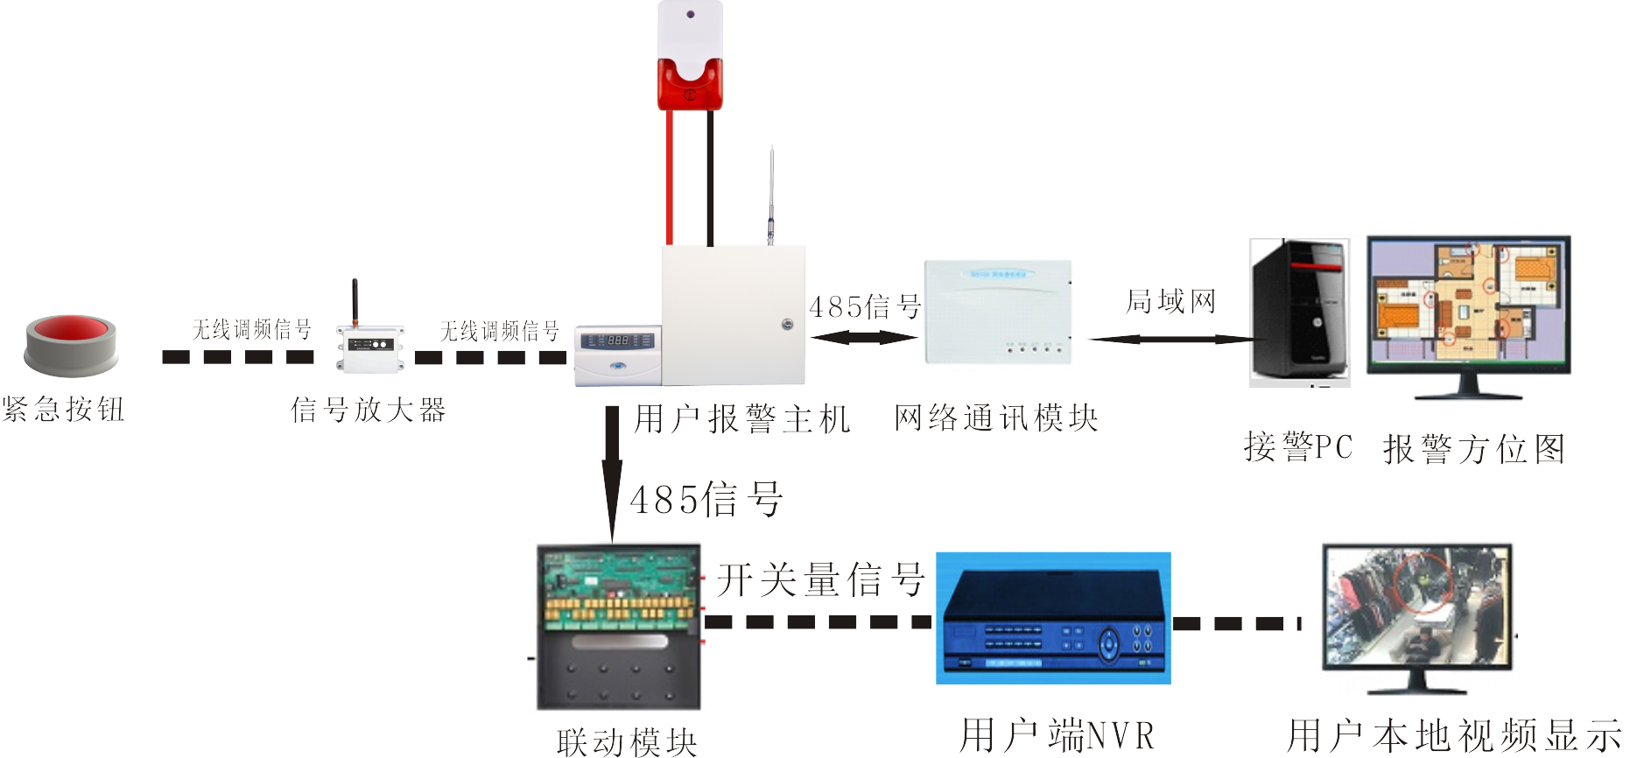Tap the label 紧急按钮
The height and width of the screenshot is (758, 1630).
coord(63,409)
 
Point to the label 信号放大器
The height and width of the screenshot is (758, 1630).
coord(368,410)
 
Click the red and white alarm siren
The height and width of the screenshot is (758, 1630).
coord(690,57)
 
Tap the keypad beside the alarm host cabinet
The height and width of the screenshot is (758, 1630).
coord(617,354)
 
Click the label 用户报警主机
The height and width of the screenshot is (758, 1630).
coord(741,419)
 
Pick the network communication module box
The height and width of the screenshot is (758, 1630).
coord(998,312)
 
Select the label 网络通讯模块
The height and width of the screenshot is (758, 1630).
coord(995,418)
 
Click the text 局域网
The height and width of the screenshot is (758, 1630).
coord(1170,302)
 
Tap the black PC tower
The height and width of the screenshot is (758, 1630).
coord(1298,311)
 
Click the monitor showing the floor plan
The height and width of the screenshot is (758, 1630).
coord(1468,306)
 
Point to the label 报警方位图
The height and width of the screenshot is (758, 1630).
coord(1473,450)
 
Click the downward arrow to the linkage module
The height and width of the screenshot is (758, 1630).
coord(612,473)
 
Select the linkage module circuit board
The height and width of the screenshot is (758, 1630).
coord(619,626)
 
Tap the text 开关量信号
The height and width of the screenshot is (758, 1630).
coord(820,579)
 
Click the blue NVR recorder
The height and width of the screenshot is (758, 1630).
coord(1053,618)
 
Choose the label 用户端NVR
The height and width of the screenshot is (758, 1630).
coord(1057,735)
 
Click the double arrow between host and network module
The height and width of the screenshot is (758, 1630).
coord(863,337)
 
